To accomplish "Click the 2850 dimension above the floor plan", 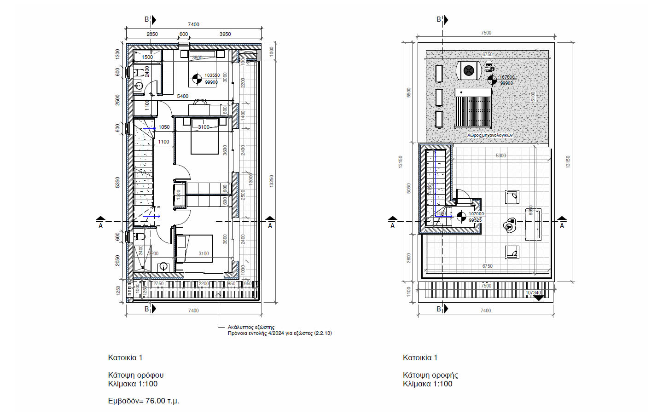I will tap(152, 34).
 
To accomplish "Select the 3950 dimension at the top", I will tap(225, 34).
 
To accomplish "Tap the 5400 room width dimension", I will tap(183, 96).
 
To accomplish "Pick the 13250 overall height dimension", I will tap(271, 181).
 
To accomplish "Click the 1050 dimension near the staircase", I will tap(164, 127).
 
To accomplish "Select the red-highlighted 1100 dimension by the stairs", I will tap(163, 142).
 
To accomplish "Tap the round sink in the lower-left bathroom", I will tap(163, 266).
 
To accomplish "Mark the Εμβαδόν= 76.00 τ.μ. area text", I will tap(143, 401).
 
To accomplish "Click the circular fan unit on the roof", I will tap(469, 70).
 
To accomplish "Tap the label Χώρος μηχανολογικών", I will tap(489, 135).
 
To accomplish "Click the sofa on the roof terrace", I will tap(533, 224).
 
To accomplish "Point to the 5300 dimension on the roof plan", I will tap(500, 155).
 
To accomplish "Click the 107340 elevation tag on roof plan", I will tap(533, 293).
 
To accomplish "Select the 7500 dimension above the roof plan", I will tap(486, 33).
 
